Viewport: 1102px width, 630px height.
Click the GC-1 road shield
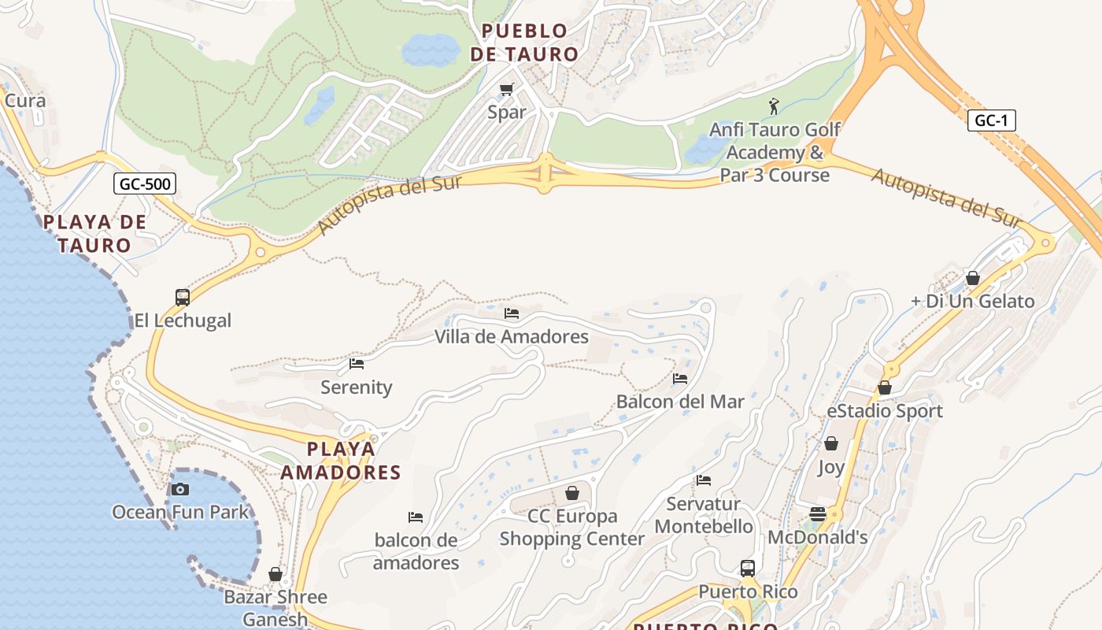click(991, 120)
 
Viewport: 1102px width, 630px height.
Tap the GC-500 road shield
click(145, 184)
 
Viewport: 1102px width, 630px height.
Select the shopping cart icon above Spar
click(506, 89)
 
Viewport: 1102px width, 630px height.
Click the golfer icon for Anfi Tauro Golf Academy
click(774, 106)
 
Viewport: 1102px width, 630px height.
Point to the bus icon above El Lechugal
click(183, 297)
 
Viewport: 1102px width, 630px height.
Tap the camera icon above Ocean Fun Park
click(180, 489)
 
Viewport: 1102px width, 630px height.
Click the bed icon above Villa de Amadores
click(512, 313)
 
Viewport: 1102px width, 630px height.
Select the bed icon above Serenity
click(357, 364)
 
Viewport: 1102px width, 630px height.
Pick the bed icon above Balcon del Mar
click(680, 379)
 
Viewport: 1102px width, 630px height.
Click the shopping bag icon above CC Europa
click(572, 493)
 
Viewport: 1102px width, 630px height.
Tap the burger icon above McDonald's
click(818, 514)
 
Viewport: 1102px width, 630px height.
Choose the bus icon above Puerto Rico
click(748, 568)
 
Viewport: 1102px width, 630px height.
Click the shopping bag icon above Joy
click(830, 443)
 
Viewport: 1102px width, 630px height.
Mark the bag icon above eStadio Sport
click(885, 387)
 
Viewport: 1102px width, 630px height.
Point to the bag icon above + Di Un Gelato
click(973, 278)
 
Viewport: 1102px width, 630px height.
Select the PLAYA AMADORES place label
click(341, 461)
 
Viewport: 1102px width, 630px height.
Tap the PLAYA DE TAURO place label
click(94, 233)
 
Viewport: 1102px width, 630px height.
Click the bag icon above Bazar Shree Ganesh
click(275, 574)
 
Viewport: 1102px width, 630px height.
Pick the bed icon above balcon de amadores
click(416, 517)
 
